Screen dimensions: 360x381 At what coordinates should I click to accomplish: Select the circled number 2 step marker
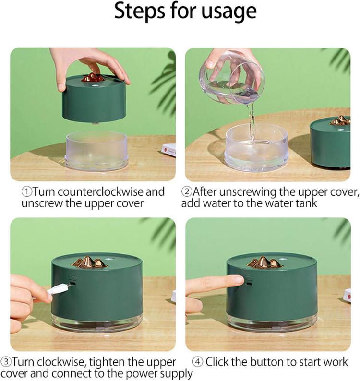(187, 192)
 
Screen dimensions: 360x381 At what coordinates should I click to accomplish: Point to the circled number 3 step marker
(6, 362)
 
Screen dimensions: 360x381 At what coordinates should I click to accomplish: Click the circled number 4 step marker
(198, 362)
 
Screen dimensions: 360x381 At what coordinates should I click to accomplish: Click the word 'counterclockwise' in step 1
(101, 192)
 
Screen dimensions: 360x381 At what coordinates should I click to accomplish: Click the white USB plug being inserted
(59, 289)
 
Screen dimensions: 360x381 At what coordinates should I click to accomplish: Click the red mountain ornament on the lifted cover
(93, 77)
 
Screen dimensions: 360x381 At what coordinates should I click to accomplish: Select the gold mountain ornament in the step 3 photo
(89, 262)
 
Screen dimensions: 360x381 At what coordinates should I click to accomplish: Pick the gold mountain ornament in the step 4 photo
(264, 262)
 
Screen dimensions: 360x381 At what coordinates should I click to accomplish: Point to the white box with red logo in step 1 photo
(169, 150)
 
